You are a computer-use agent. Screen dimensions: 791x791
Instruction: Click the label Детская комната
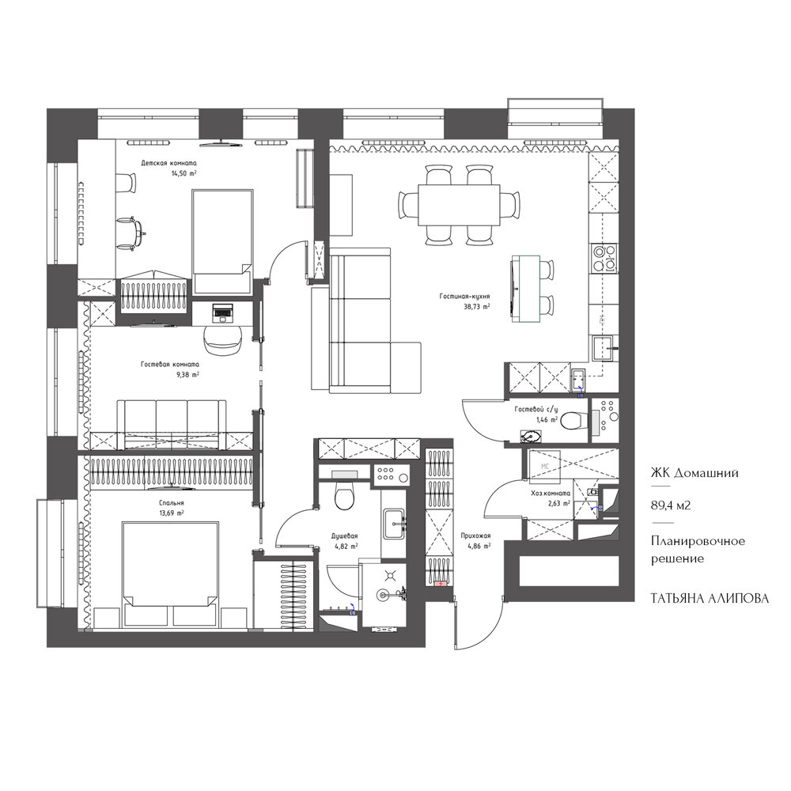pyautogui.click(x=169, y=164)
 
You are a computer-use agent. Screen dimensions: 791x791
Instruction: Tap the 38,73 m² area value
pyautogui.click(x=475, y=306)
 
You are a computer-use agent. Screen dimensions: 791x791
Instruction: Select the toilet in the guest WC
pyautogui.click(x=575, y=420)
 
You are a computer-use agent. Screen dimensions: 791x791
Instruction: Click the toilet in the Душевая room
pyautogui.click(x=345, y=494)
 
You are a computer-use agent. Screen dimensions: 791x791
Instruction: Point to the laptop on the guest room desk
pyautogui.click(x=222, y=312)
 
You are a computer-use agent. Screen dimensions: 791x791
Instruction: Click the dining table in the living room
pyautogui.click(x=459, y=206)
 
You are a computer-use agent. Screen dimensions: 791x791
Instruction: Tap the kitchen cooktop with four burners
pyautogui.click(x=604, y=258)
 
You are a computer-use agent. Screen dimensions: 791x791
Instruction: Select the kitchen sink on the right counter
pyautogui.click(x=604, y=349)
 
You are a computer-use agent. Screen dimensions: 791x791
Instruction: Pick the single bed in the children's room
pyautogui.click(x=222, y=241)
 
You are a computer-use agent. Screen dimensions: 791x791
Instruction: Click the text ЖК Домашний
pyautogui.click(x=694, y=473)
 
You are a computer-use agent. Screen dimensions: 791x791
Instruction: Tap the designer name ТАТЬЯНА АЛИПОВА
pyautogui.click(x=710, y=598)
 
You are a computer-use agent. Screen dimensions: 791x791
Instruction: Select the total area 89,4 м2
pyautogui.click(x=671, y=505)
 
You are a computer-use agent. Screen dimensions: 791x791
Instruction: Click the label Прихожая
pyautogui.click(x=475, y=536)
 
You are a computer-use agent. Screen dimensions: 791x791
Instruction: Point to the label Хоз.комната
pyautogui.click(x=551, y=494)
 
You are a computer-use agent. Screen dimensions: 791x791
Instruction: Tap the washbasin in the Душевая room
pyautogui.click(x=394, y=523)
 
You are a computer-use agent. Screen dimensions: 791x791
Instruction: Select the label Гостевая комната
pyautogui.click(x=170, y=364)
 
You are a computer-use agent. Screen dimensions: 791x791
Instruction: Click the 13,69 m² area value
pyautogui.click(x=171, y=513)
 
